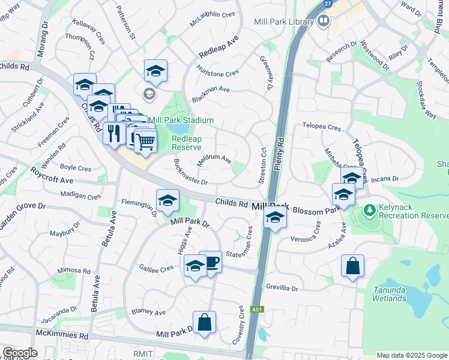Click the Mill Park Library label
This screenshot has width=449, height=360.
[x=284, y=22]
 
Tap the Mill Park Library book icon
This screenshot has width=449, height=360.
[x=324, y=22]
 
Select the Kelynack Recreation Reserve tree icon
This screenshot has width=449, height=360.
[x=370, y=211]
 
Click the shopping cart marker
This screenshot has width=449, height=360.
[x=145, y=142]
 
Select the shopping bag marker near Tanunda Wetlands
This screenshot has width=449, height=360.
[x=352, y=265]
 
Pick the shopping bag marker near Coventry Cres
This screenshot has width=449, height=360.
[x=204, y=322]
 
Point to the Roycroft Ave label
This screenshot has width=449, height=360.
[x=53, y=179]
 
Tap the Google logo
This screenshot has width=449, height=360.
[x=20, y=353]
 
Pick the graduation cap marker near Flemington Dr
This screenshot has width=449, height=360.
[x=167, y=200]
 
